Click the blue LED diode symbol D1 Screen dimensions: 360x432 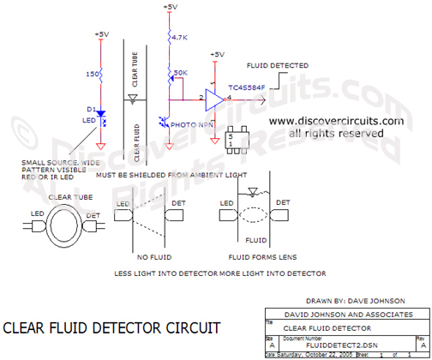click(101, 113)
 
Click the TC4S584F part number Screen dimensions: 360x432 click(247, 87)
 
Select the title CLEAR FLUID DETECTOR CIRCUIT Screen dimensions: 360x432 click(112, 327)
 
